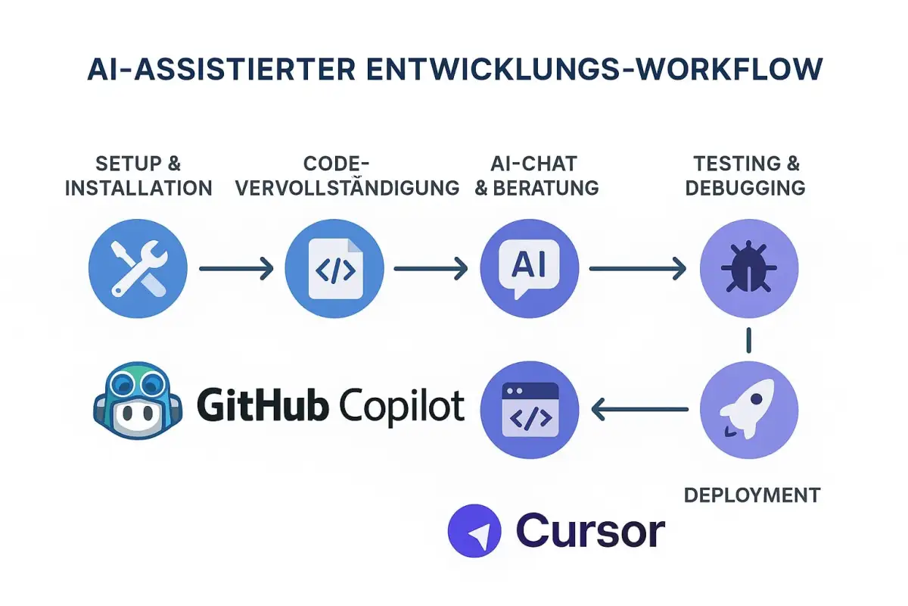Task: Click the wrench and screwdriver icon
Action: coord(138,267)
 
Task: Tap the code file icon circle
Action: coord(334,267)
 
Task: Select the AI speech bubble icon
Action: coord(530,267)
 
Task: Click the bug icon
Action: coord(748,267)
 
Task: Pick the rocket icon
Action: coord(748,409)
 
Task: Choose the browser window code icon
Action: coord(530,409)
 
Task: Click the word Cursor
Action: coord(590,530)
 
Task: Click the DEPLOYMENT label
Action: coord(752,495)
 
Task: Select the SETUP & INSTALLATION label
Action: coord(138,176)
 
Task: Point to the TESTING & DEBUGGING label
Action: coord(745,176)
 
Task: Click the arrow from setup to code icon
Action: coord(235,267)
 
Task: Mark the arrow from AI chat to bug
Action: coord(638,267)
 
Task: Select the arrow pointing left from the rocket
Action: coord(639,410)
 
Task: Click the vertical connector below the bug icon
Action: coord(748,339)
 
